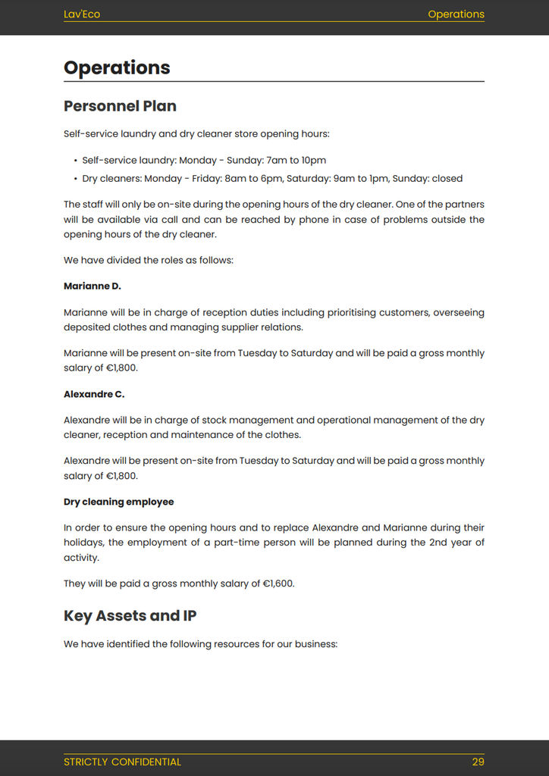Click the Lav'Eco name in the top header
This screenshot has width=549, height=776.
pyautogui.click(x=82, y=14)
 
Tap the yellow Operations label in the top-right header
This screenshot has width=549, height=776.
pyautogui.click(x=456, y=14)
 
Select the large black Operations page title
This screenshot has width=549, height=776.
pyautogui.click(x=117, y=67)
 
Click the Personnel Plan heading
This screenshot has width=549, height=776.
pyautogui.click(x=120, y=106)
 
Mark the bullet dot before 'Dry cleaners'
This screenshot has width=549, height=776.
pyautogui.click(x=75, y=179)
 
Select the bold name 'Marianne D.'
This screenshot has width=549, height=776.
pyautogui.click(x=93, y=286)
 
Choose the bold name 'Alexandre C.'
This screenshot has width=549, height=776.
pyautogui.click(x=94, y=394)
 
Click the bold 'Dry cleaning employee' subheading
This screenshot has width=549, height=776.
pyautogui.click(x=118, y=502)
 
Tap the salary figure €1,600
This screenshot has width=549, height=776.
pyautogui.click(x=278, y=584)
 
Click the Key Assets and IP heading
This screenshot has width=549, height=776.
pyautogui.click(x=130, y=615)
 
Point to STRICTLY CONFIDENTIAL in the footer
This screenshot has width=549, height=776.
pyautogui.click(x=122, y=762)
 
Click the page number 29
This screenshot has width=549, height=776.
pyautogui.click(x=478, y=762)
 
